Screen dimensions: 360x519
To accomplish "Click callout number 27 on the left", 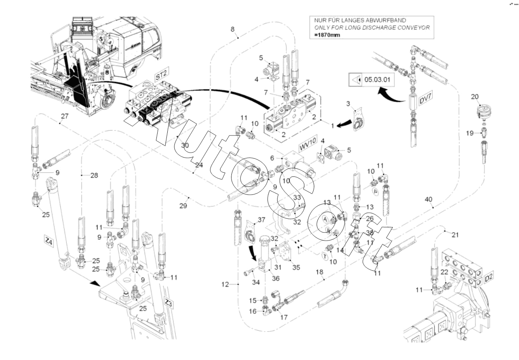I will point(64,117).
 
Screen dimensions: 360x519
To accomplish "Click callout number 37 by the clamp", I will point(261,220).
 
